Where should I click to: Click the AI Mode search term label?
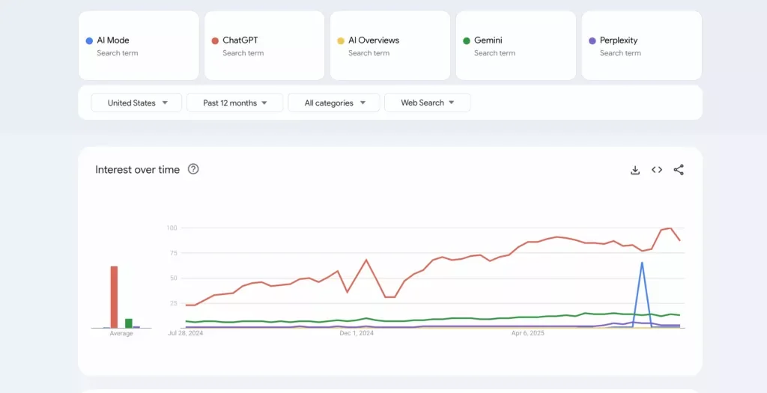pyautogui.click(x=113, y=40)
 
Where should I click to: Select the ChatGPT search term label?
pyautogui.click(x=240, y=40)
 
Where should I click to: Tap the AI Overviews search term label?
pyautogui.click(x=373, y=40)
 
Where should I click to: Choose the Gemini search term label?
pyautogui.click(x=488, y=40)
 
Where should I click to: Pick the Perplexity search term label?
pyautogui.click(x=619, y=40)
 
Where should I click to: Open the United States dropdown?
pyautogui.click(x=136, y=103)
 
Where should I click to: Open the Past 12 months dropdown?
pyautogui.click(x=234, y=103)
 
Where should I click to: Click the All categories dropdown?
pyautogui.click(x=335, y=103)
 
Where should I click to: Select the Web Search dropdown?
pyautogui.click(x=427, y=103)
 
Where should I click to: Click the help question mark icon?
pyautogui.click(x=193, y=169)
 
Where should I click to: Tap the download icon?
pyautogui.click(x=635, y=170)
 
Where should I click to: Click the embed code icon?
pyautogui.click(x=657, y=170)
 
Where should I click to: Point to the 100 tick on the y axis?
pyautogui.click(x=172, y=228)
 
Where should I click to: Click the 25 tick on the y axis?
pyautogui.click(x=172, y=303)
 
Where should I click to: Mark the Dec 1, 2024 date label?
pyautogui.click(x=357, y=333)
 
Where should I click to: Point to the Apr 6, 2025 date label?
pyautogui.click(x=527, y=333)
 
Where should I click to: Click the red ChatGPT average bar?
pyautogui.click(x=115, y=297)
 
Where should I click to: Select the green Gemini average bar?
pyautogui.click(x=129, y=323)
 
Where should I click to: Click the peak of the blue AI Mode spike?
pyautogui.click(x=642, y=263)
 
